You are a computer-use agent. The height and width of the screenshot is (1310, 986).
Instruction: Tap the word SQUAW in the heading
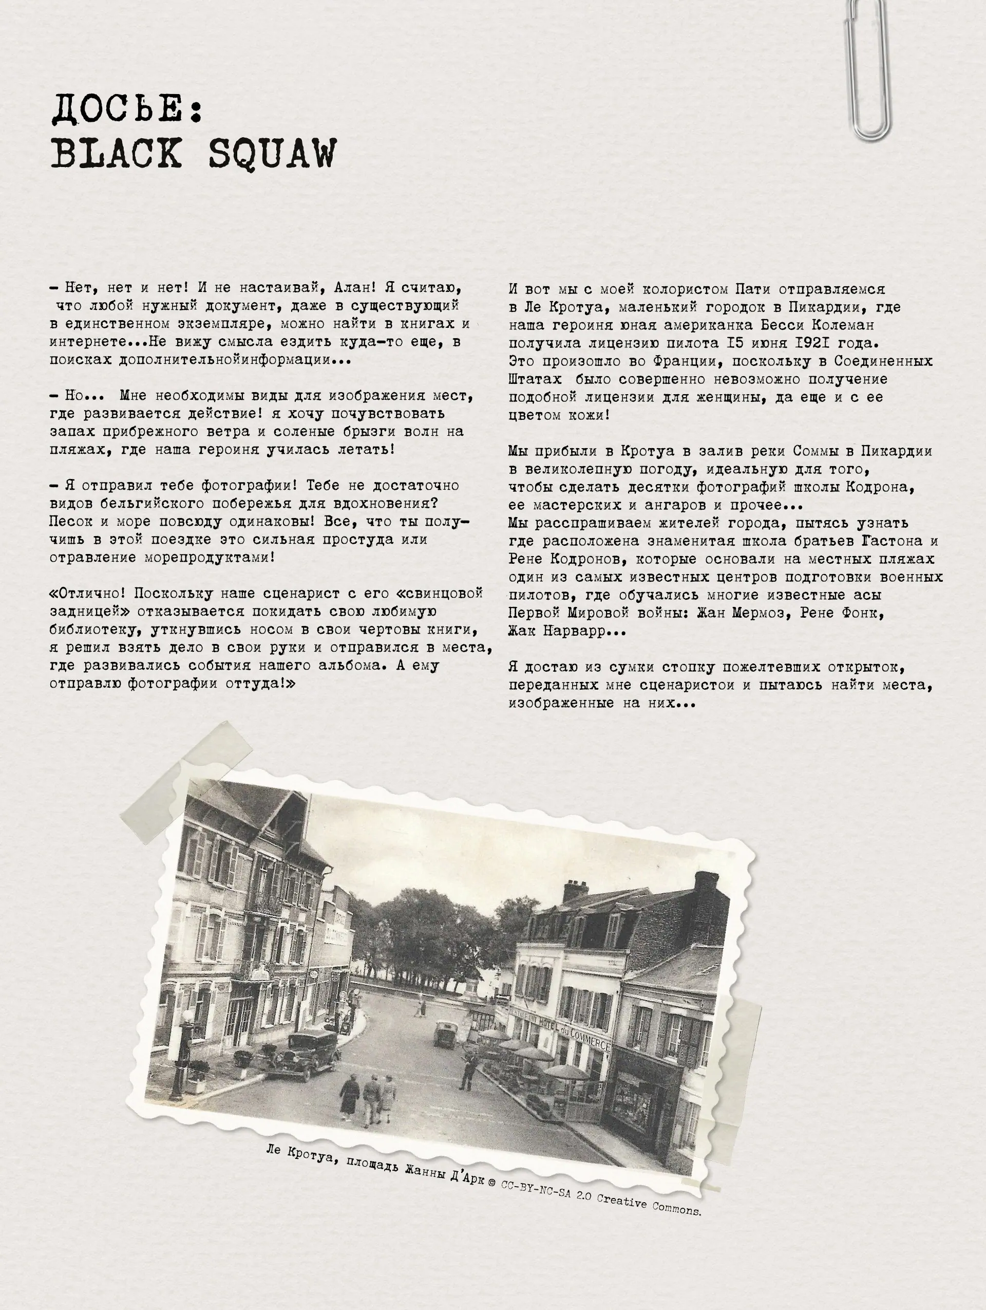(x=272, y=154)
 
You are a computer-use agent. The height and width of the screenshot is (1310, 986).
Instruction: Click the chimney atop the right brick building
(x=706, y=885)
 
